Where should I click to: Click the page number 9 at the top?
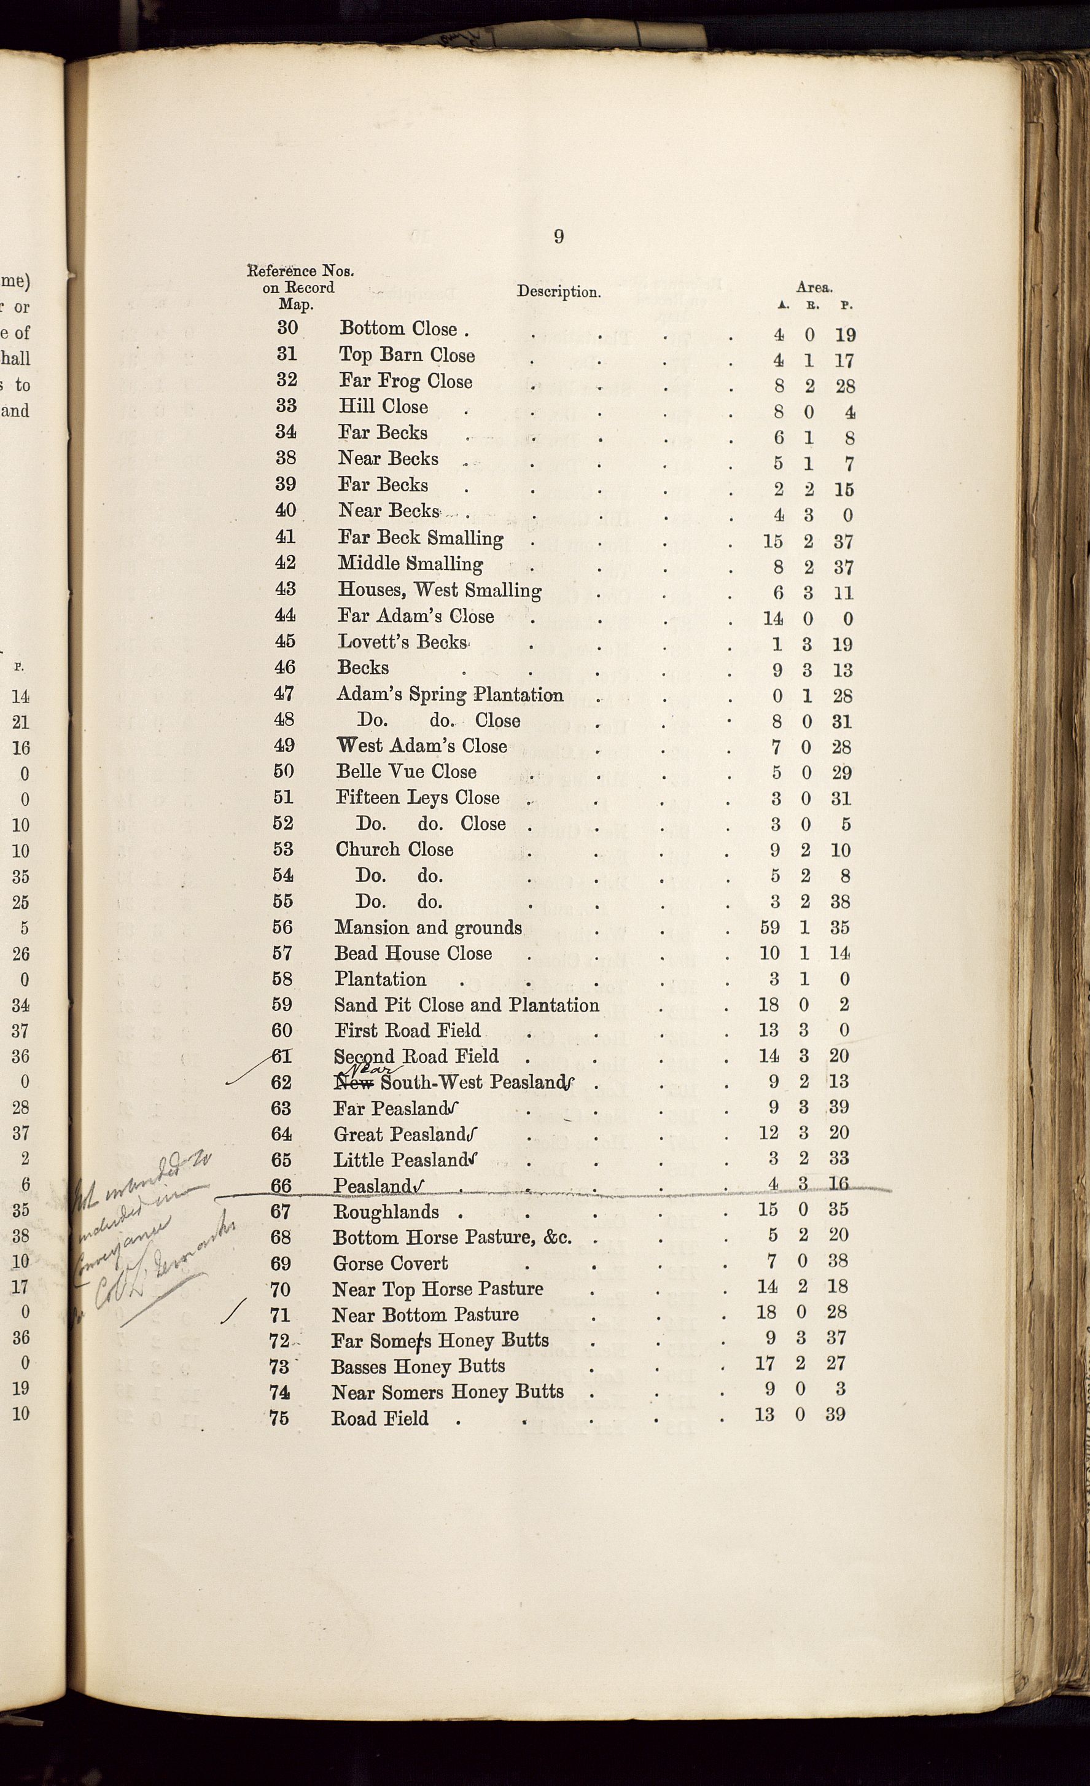pos(558,236)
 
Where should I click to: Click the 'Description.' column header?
pos(558,292)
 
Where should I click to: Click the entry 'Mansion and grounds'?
pos(427,928)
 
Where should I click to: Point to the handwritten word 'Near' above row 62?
pos(374,1069)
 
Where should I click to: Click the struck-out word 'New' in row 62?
pos(354,1083)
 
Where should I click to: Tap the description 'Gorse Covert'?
pos(390,1263)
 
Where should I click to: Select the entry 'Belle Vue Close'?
pos(406,772)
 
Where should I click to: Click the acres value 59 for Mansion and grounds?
pos(769,928)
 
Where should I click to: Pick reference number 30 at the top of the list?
pos(288,327)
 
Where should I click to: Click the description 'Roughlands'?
pos(386,1212)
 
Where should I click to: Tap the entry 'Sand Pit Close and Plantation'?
pos(466,1005)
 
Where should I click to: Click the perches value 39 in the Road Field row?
pos(835,1414)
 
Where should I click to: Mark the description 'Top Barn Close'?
pos(407,355)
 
